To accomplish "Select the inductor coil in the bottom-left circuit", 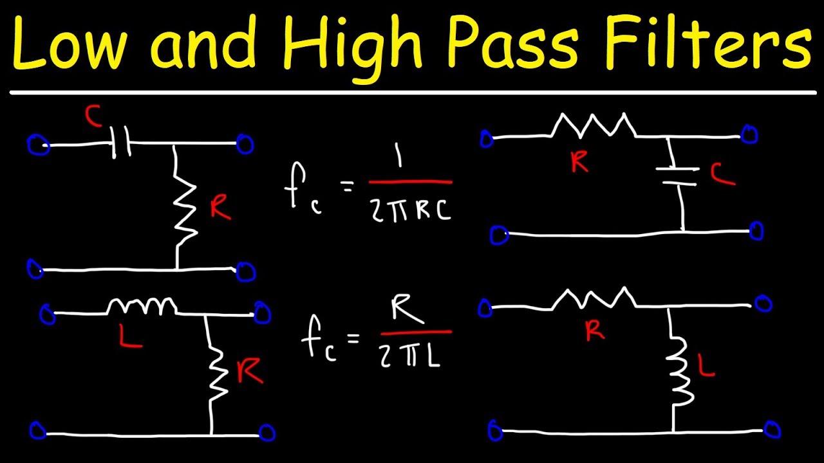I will pos(142,306).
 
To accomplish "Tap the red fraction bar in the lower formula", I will pos(416,332).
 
